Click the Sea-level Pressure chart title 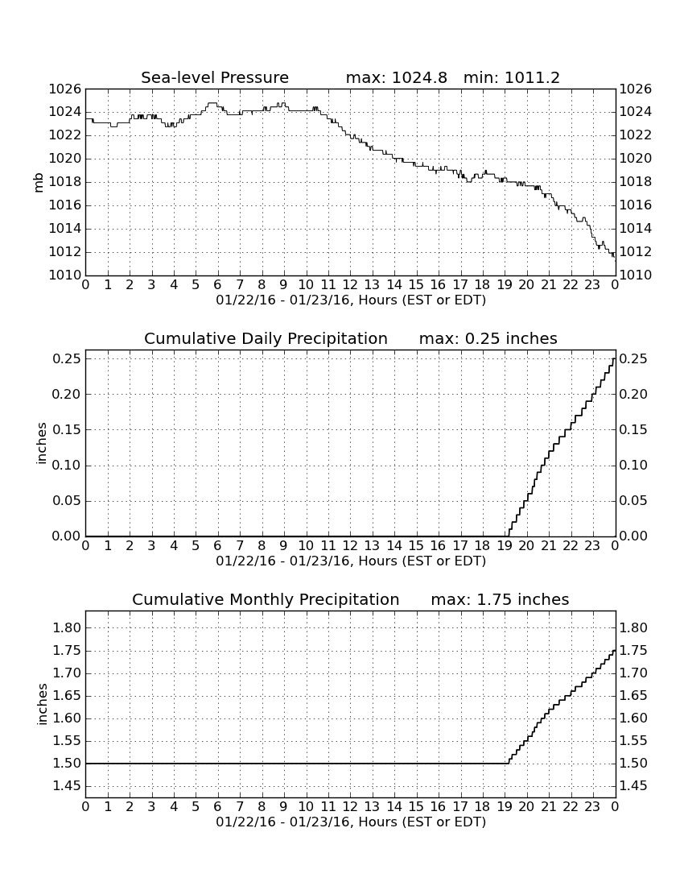(215, 77)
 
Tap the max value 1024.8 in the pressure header (419, 77)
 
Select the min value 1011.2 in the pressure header (532, 77)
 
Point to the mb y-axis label (39, 183)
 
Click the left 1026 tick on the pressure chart (65, 89)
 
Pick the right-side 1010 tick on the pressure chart (636, 275)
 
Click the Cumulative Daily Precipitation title (266, 338)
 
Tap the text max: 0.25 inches (488, 338)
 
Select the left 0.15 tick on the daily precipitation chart (67, 430)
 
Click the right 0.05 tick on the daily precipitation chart (634, 501)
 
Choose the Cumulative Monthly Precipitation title (266, 599)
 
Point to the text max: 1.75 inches (500, 599)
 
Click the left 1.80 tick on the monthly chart (67, 627)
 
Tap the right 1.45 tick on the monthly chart (634, 786)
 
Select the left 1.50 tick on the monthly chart (67, 764)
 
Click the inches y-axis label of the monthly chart (42, 705)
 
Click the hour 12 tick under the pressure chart (350, 285)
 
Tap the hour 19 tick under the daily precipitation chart (505, 546)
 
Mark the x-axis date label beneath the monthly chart (351, 822)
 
